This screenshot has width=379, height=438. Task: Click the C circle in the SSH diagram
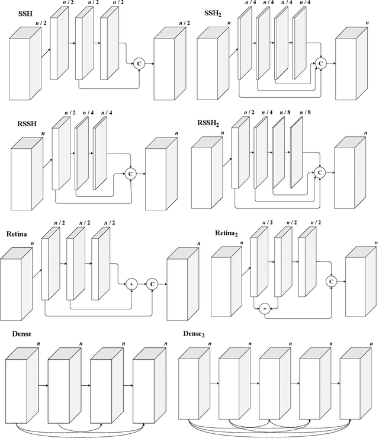point(139,62)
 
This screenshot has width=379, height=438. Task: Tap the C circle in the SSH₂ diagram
point(321,62)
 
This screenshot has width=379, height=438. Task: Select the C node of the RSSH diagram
point(130,173)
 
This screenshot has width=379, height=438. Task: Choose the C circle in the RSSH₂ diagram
point(320,172)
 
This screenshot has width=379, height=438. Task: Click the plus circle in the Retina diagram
point(131,284)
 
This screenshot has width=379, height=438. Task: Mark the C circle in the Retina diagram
point(152,284)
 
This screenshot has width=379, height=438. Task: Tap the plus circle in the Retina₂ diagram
point(265,308)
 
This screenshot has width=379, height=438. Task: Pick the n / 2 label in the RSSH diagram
point(69,113)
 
